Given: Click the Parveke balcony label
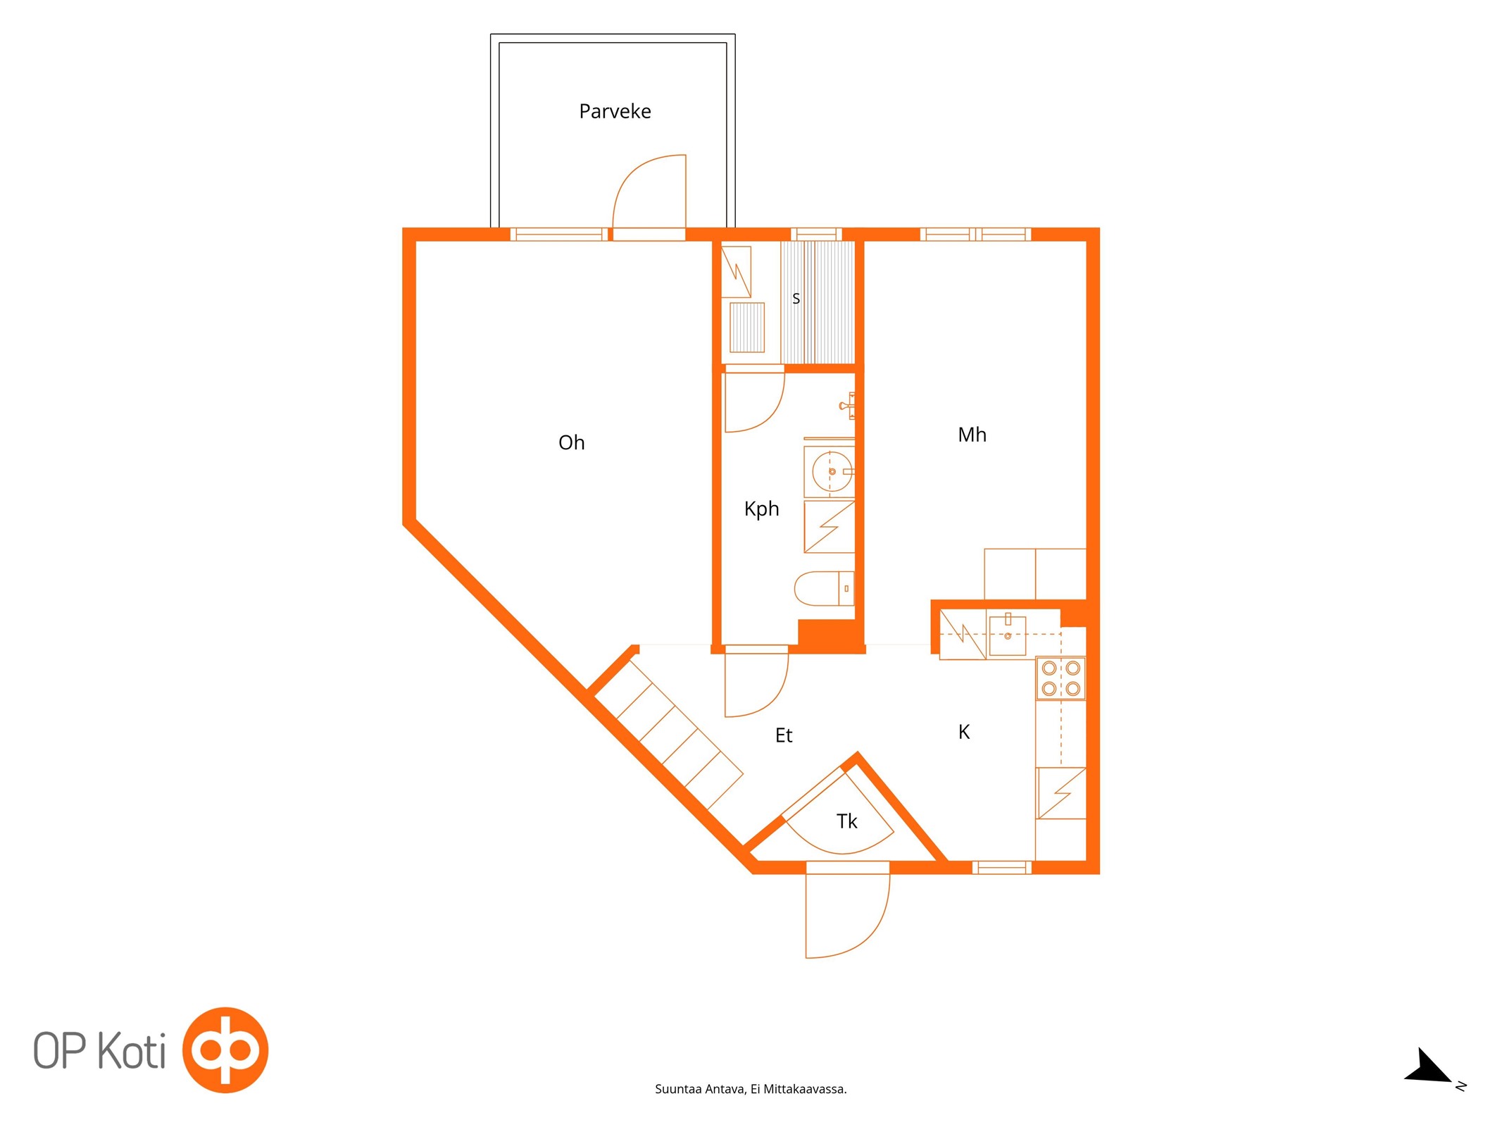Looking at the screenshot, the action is (615, 111).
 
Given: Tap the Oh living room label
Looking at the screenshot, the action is (571, 442).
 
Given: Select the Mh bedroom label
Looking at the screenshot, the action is (972, 435).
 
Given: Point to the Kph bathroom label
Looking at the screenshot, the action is (761, 509).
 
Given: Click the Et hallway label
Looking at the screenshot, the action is (784, 735).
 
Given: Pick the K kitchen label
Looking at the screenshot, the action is (964, 732).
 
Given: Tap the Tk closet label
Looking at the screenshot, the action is (846, 821).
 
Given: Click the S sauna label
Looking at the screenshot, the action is (796, 299).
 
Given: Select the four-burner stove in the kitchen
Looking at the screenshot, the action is (1060, 678).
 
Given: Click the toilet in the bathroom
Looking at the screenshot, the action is (824, 588).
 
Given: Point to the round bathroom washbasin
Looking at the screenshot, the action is (832, 471).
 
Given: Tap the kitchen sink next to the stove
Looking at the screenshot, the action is (1007, 635).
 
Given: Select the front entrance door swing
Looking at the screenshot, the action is (848, 916).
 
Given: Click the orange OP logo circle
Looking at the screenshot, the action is (225, 1050).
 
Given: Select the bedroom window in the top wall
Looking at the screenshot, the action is (975, 235).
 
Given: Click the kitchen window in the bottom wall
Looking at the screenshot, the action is (1002, 867).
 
